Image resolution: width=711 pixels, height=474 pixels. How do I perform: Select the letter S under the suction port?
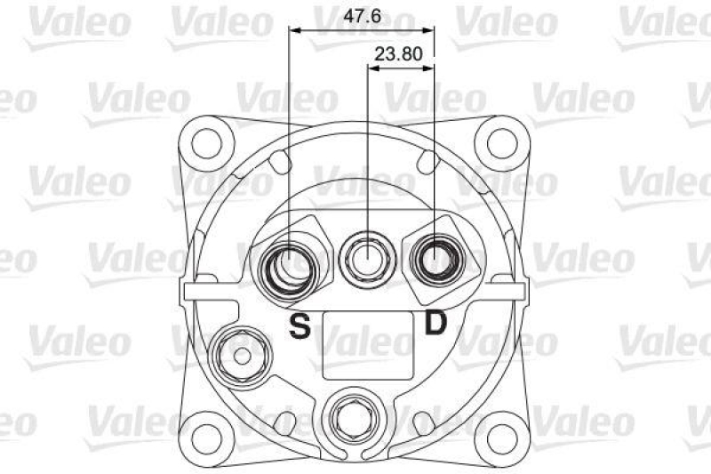300,326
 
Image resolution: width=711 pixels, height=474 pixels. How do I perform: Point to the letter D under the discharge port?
435,323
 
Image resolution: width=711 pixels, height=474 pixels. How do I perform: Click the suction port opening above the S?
290,264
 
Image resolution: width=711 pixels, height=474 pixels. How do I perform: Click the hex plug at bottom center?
354,415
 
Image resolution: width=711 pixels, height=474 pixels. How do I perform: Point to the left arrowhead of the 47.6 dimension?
295,30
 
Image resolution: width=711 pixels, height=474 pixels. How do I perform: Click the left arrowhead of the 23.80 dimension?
372,66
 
